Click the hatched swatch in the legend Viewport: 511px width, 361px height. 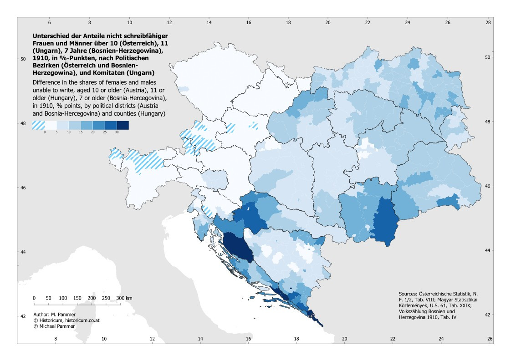pyautogui.click(x=38, y=126)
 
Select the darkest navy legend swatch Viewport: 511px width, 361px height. pyautogui.click(x=123, y=126)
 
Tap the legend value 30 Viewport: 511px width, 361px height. pyautogui.click(x=117, y=132)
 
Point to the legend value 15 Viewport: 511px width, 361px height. pyautogui.click(x=81, y=132)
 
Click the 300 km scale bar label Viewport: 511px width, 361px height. pyautogui.click(x=124, y=298)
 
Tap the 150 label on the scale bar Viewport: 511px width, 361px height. pyautogui.click(x=77, y=298)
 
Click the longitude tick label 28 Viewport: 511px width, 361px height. pyautogui.click(x=488, y=22)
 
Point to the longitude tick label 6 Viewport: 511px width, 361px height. pyautogui.click(x=50, y=22)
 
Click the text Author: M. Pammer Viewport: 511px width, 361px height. pyautogui.click(x=54, y=315)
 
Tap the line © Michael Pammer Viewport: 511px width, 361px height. pyautogui.click(x=54, y=326)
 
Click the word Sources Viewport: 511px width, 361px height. pyautogui.click(x=408, y=294)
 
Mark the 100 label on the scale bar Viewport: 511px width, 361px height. pyautogui.click(x=63, y=298)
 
